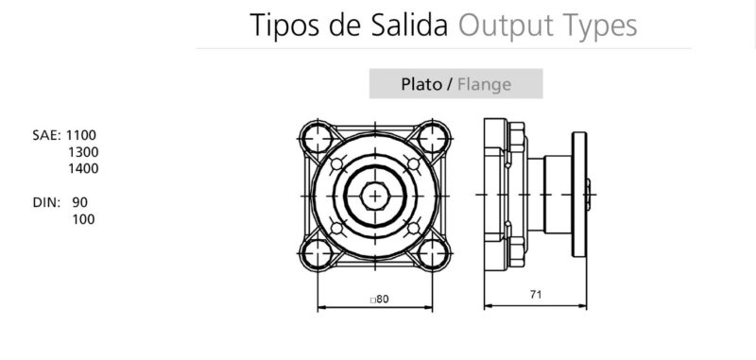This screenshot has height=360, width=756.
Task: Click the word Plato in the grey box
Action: (x=421, y=84)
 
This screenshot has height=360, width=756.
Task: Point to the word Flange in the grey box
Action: (x=484, y=84)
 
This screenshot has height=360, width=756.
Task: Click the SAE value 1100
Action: (x=83, y=135)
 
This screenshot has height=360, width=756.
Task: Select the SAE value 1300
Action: (x=83, y=152)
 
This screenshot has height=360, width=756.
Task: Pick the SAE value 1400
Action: (x=83, y=169)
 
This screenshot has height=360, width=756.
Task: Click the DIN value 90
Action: (x=79, y=202)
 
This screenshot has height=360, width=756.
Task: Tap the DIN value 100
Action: (x=83, y=219)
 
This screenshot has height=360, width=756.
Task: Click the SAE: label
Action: (x=46, y=135)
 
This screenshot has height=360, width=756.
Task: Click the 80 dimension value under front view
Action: (x=380, y=299)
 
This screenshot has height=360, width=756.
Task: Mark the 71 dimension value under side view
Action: (x=535, y=295)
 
